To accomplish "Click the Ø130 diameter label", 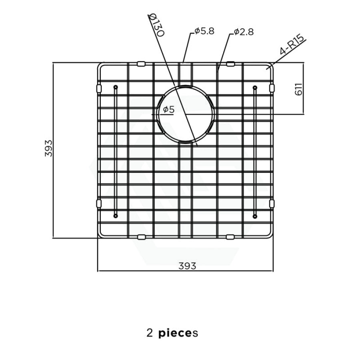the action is [156, 25].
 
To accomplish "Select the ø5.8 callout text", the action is [204, 31].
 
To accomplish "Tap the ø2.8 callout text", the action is [244, 32].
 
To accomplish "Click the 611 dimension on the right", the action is [298, 89].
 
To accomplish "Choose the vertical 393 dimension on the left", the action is [48, 148].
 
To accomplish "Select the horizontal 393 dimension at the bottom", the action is [187, 266].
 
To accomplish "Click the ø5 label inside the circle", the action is [169, 110].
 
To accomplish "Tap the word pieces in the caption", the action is [178, 333].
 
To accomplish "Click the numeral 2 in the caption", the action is [150, 333].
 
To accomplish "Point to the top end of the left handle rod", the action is [116, 87].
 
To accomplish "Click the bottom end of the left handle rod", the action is [116, 216].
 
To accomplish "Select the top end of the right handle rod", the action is [255, 88].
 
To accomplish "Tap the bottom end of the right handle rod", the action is [255, 216].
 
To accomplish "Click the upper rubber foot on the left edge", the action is [99, 88].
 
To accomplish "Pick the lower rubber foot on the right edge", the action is [272, 204].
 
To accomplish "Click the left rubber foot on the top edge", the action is [141, 64].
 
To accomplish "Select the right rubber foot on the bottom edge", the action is [230, 237].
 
